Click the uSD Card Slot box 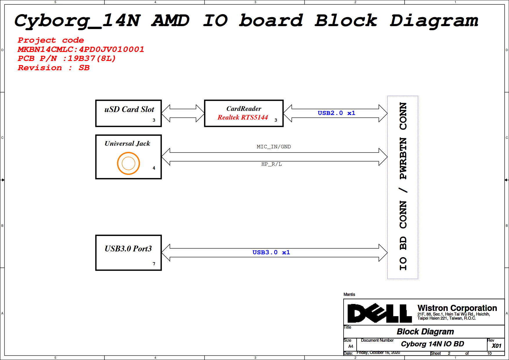(129, 114)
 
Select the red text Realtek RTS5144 (243, 117)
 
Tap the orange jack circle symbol (129, 163)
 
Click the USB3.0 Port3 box (129, 253)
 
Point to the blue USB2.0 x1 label (336, 113)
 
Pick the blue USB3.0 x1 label (271, 252)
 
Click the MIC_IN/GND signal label (274, 147)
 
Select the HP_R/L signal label (271, 164)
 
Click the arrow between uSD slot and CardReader (183, 113)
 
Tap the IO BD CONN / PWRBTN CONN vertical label (403, 186)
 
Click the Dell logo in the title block (379, 313)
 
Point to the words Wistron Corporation (457, 308)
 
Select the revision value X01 (496, 346)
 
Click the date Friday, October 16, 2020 (378, 352)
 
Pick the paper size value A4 (351, 346)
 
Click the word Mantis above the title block (349, 294)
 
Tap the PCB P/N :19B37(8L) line (67, 58)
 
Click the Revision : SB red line (54, 68)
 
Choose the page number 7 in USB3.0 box (154, 264)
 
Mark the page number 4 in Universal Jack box (154, 168)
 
